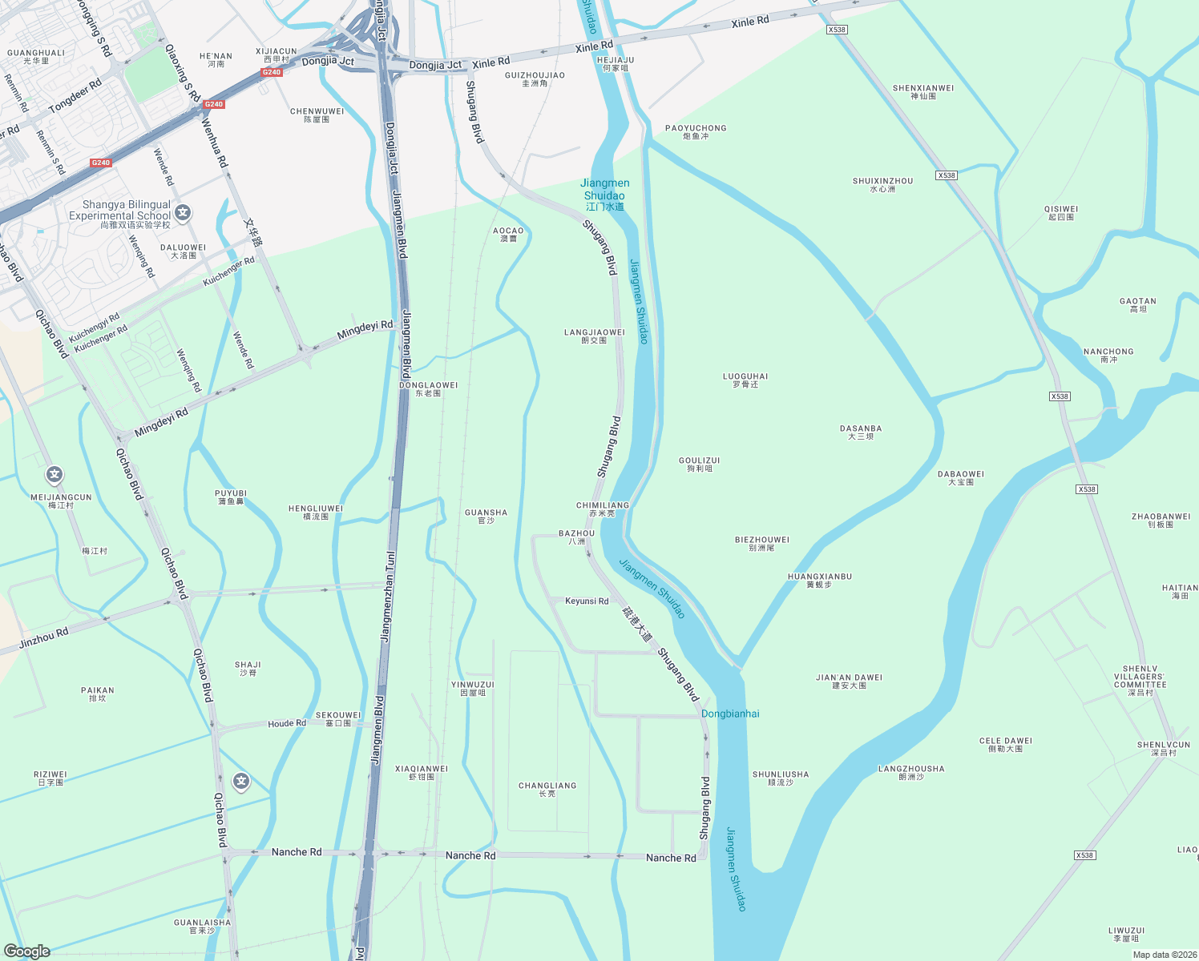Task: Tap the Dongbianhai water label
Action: pos(730,714)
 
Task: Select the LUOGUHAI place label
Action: pos(745,380)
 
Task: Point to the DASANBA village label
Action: pos(861,432)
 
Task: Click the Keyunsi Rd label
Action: pos(587,601)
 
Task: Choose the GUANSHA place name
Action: pos(486,516)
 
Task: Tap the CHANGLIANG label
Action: pos(547,789)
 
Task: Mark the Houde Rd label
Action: pos(287,723)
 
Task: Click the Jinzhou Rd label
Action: pos(44,638)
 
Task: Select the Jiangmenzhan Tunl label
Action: pos(388,597)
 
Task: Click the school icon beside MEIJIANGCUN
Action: pos(54,475)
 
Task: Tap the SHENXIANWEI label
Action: pos(923,91)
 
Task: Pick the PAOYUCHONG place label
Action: pos(696,131)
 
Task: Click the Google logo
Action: pos(27,951)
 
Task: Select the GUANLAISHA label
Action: pos(202,926)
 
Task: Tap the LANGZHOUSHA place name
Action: pos(911,772)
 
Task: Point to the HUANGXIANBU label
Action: pos(820,580)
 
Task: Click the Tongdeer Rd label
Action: pos(75,96)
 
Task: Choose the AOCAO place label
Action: pos(508,234)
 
